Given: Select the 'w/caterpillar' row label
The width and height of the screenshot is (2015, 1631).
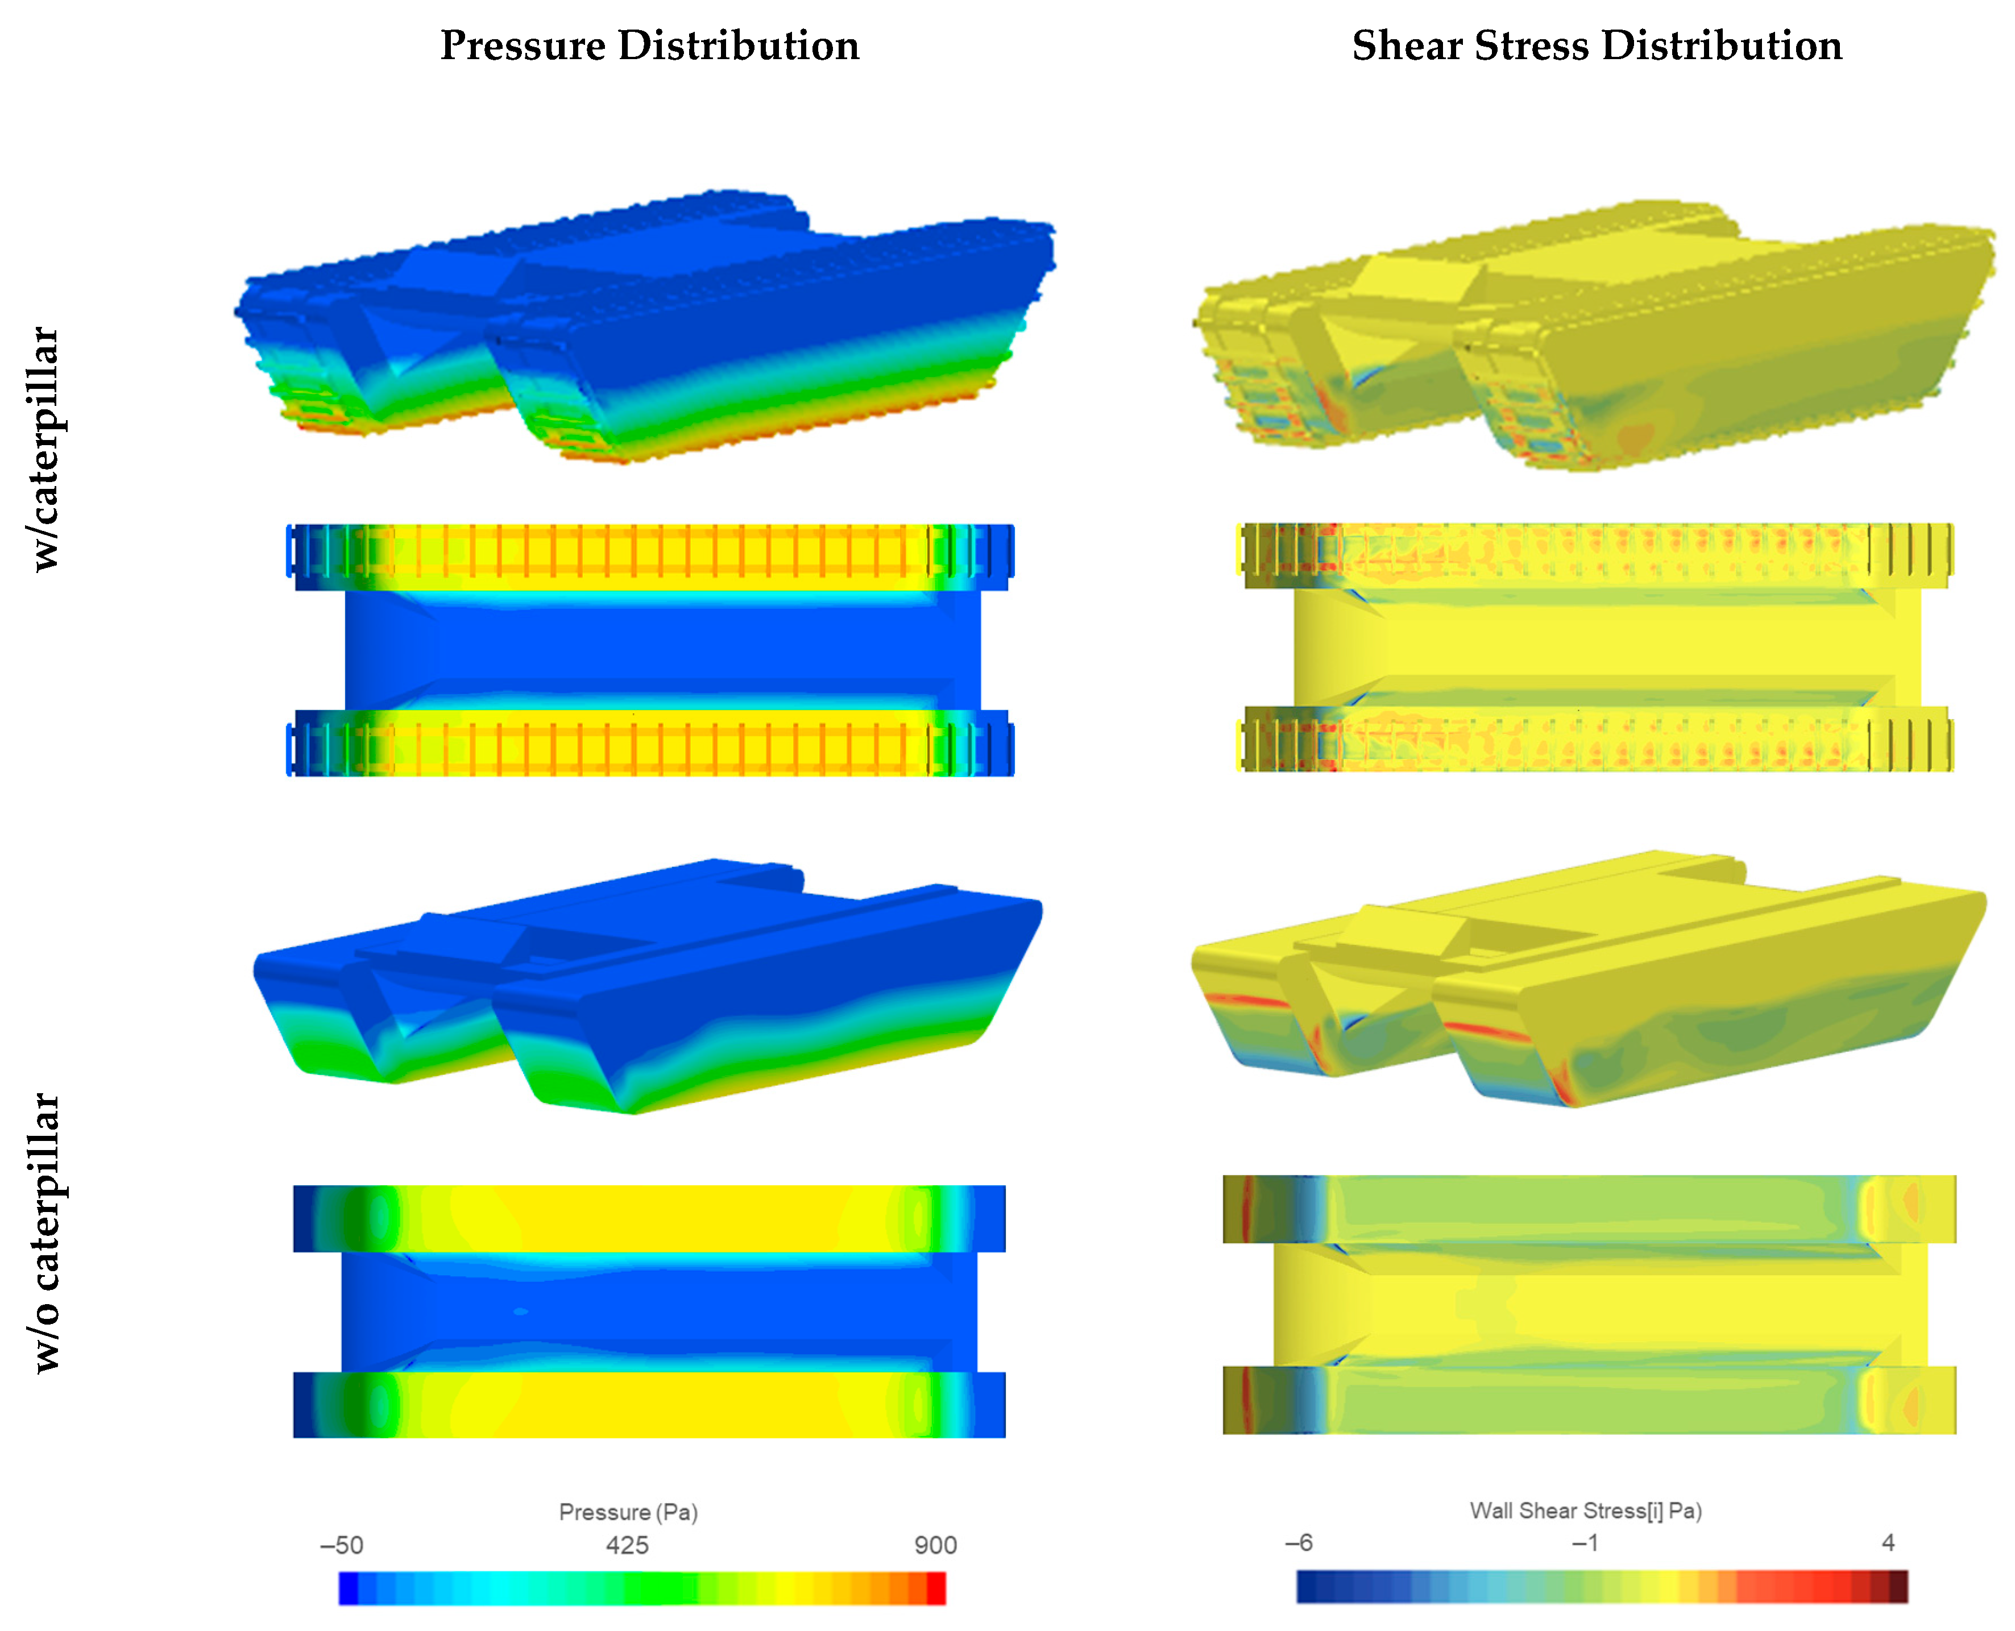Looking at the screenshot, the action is click(45, 449).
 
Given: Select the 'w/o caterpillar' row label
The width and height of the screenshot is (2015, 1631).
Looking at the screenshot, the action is click(45, 1232).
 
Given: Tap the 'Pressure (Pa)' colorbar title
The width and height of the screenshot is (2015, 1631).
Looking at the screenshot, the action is click(628, 1512).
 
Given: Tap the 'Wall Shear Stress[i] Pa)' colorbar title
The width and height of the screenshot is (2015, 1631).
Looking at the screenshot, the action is click(1586, 1510).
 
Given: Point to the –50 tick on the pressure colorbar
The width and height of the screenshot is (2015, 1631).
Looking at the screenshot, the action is click(342, 1546).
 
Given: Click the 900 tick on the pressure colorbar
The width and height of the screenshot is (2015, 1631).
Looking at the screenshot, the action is click(936, 1546).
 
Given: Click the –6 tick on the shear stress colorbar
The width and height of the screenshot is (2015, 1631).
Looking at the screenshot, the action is click(1299, 1543).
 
